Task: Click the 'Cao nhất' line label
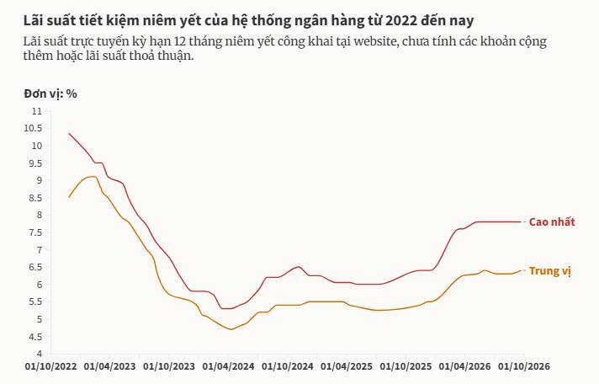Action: click(x=552, y=221)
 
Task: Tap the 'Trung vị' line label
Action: click(x=549, y=271)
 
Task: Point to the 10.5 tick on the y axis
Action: click(x=33, y=128)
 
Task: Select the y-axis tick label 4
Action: click(x=40, y=354)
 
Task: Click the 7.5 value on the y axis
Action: click(x=35, y=232)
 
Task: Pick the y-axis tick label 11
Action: click(x=37, y=111)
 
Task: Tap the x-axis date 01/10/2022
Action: click(x=50, y=366)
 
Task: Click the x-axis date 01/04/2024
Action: click(x=228, y=366)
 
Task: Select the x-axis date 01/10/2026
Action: click(x=524, y=366)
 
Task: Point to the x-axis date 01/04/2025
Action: click(x=347, y=366)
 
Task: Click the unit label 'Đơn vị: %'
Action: click(x=50, y=93)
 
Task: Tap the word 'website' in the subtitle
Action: click(x=374, y=41)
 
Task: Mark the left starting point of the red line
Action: click(x=69, y=134)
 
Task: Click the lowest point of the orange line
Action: click(x=231, y=329)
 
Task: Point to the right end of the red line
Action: click(x=521, y=221)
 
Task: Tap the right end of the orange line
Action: click(x=521, y=271)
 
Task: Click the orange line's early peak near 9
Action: click(x=92, y=176)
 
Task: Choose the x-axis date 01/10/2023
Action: click(x=169, y=366)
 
